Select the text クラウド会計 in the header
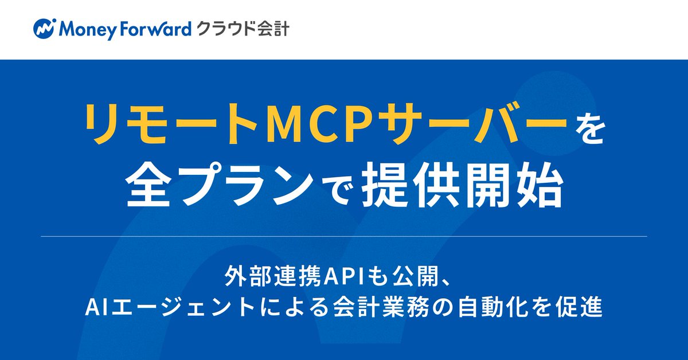pyautogui.click(x=243, y=28)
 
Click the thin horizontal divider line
pyautogui.click(x=344, y=236)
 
